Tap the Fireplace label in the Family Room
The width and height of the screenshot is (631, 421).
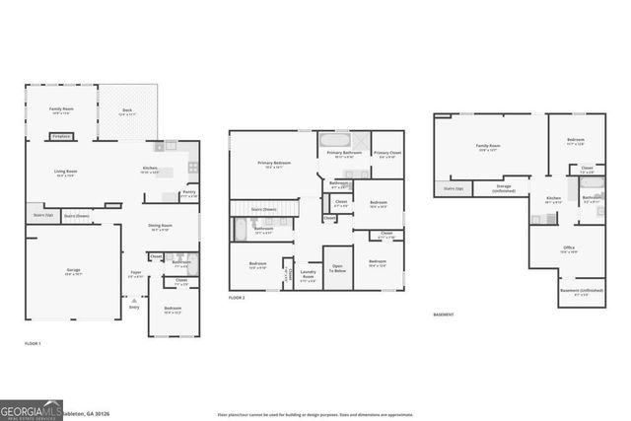click(61, 135)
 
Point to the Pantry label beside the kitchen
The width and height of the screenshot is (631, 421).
click(189, 193)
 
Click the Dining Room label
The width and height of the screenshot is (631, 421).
click(161, 227)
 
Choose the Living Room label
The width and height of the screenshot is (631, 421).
click(65, 174)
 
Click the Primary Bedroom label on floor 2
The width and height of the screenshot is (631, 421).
click(273, 165)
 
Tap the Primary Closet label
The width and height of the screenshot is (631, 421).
click(387, 155)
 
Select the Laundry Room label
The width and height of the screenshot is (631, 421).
click(308, 275)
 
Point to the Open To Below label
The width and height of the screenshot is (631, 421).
click(337, 267)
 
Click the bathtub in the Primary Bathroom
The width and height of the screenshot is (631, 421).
click(332, 140)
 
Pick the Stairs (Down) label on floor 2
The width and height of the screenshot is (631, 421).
click(262, 209)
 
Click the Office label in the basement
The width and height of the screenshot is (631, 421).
click(569, 249)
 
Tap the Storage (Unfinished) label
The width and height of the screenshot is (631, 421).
click(504, 187)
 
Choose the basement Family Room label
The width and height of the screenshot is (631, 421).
click(488, 148)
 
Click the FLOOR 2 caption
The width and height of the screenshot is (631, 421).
click(237, 297)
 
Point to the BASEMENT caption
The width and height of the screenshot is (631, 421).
click(444, 315)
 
